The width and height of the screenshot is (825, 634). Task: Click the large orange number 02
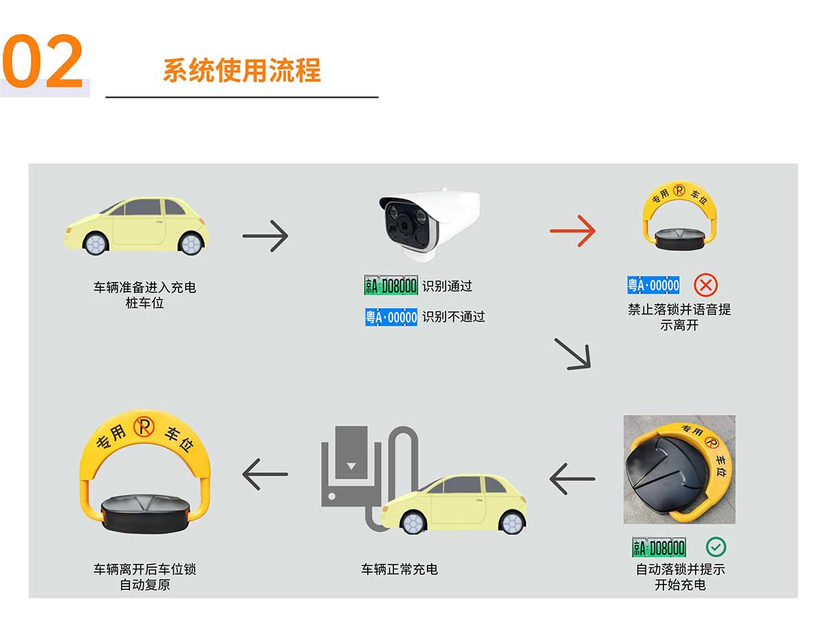point(43,61)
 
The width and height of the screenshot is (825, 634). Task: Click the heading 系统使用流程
point(242,70)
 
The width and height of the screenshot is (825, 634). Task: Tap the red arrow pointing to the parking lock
point(572,231)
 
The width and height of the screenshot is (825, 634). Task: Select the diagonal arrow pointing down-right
point(573,354)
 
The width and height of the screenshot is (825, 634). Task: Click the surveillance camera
point(430,224)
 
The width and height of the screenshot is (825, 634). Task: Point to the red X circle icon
point(705,285)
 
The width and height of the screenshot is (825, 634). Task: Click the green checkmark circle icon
point(716,547)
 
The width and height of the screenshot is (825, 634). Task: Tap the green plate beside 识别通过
point(390,285)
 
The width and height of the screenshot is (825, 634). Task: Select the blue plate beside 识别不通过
point(390,316)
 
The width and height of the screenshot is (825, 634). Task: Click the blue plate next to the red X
point(653,285)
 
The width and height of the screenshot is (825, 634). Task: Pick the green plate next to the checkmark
point(659,547)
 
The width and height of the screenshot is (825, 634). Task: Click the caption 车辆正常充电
point(399,569)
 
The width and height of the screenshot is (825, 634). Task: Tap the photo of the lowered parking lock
point(679,470)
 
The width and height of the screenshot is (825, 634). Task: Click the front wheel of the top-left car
point(96,244)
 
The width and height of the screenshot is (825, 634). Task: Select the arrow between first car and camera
point(265,236)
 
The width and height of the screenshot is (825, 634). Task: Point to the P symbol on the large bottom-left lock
point(144,427)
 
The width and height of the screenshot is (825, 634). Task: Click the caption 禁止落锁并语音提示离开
point(679,318)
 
